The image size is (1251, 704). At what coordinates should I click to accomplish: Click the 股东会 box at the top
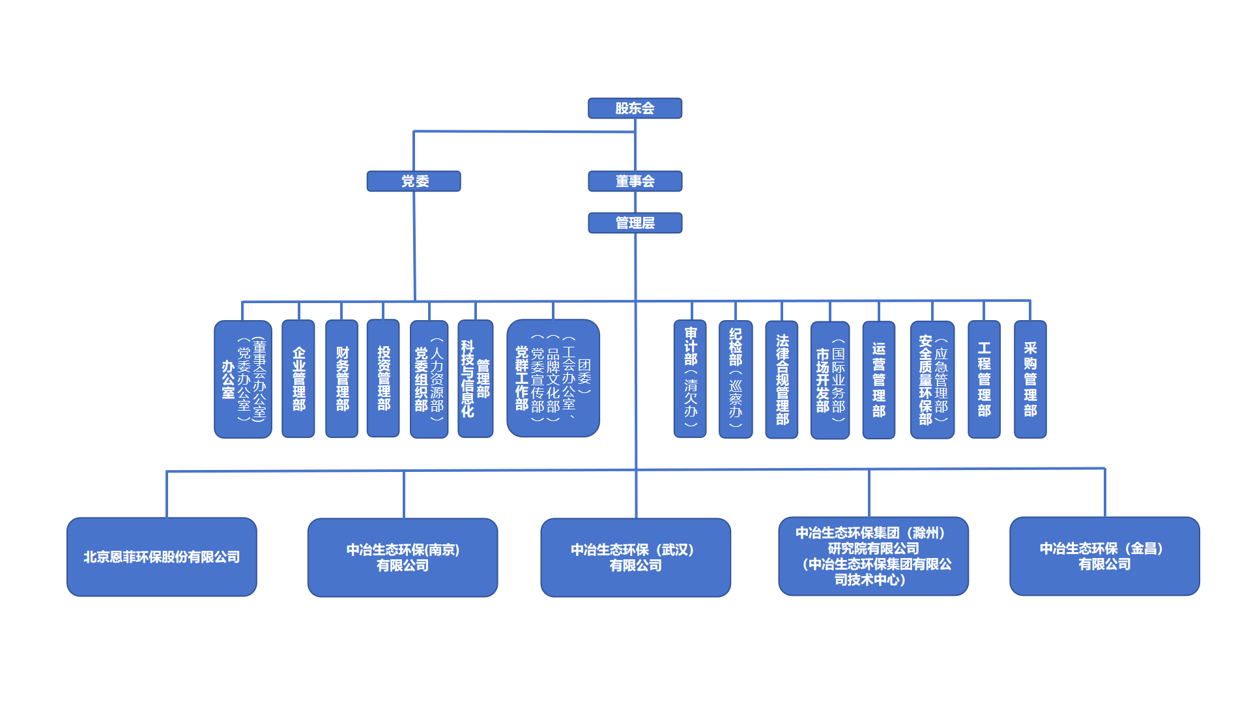pos(635,108)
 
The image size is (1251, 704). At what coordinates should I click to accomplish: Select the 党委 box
pos(414,181)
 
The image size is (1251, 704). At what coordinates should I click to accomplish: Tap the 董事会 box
pos(635,181)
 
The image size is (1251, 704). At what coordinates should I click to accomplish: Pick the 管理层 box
pos(635,223)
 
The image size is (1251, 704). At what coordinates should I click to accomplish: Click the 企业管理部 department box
pos(298,379)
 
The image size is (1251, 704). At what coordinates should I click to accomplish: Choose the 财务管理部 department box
pos(342,379)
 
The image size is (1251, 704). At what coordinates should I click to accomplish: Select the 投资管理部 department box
pos(383,378)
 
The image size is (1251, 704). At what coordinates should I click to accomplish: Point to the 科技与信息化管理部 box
pos(476,379)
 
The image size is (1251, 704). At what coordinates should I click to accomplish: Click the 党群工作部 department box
pos(553,378)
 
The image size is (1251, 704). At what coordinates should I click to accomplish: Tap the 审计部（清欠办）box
pos(690,379)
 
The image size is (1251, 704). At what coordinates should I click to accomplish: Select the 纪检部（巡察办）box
pos(736,379)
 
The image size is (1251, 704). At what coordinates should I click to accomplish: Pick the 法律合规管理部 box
pos(782,379)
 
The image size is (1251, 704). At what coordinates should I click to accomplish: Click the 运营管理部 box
pos(879,380)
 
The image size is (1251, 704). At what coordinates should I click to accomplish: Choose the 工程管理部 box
pos(984,379)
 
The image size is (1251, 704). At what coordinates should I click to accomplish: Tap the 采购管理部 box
pos(1030,379)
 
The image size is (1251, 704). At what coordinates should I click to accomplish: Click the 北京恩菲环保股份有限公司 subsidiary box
pos(162,557)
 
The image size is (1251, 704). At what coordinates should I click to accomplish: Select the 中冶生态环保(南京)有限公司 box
pos(403,557)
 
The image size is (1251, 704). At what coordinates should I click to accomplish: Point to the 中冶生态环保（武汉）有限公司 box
pos(636,557)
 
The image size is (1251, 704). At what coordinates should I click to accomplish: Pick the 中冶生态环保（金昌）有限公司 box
pos(1104,556)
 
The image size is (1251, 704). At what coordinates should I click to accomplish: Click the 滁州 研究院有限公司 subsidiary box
pos(874,556)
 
